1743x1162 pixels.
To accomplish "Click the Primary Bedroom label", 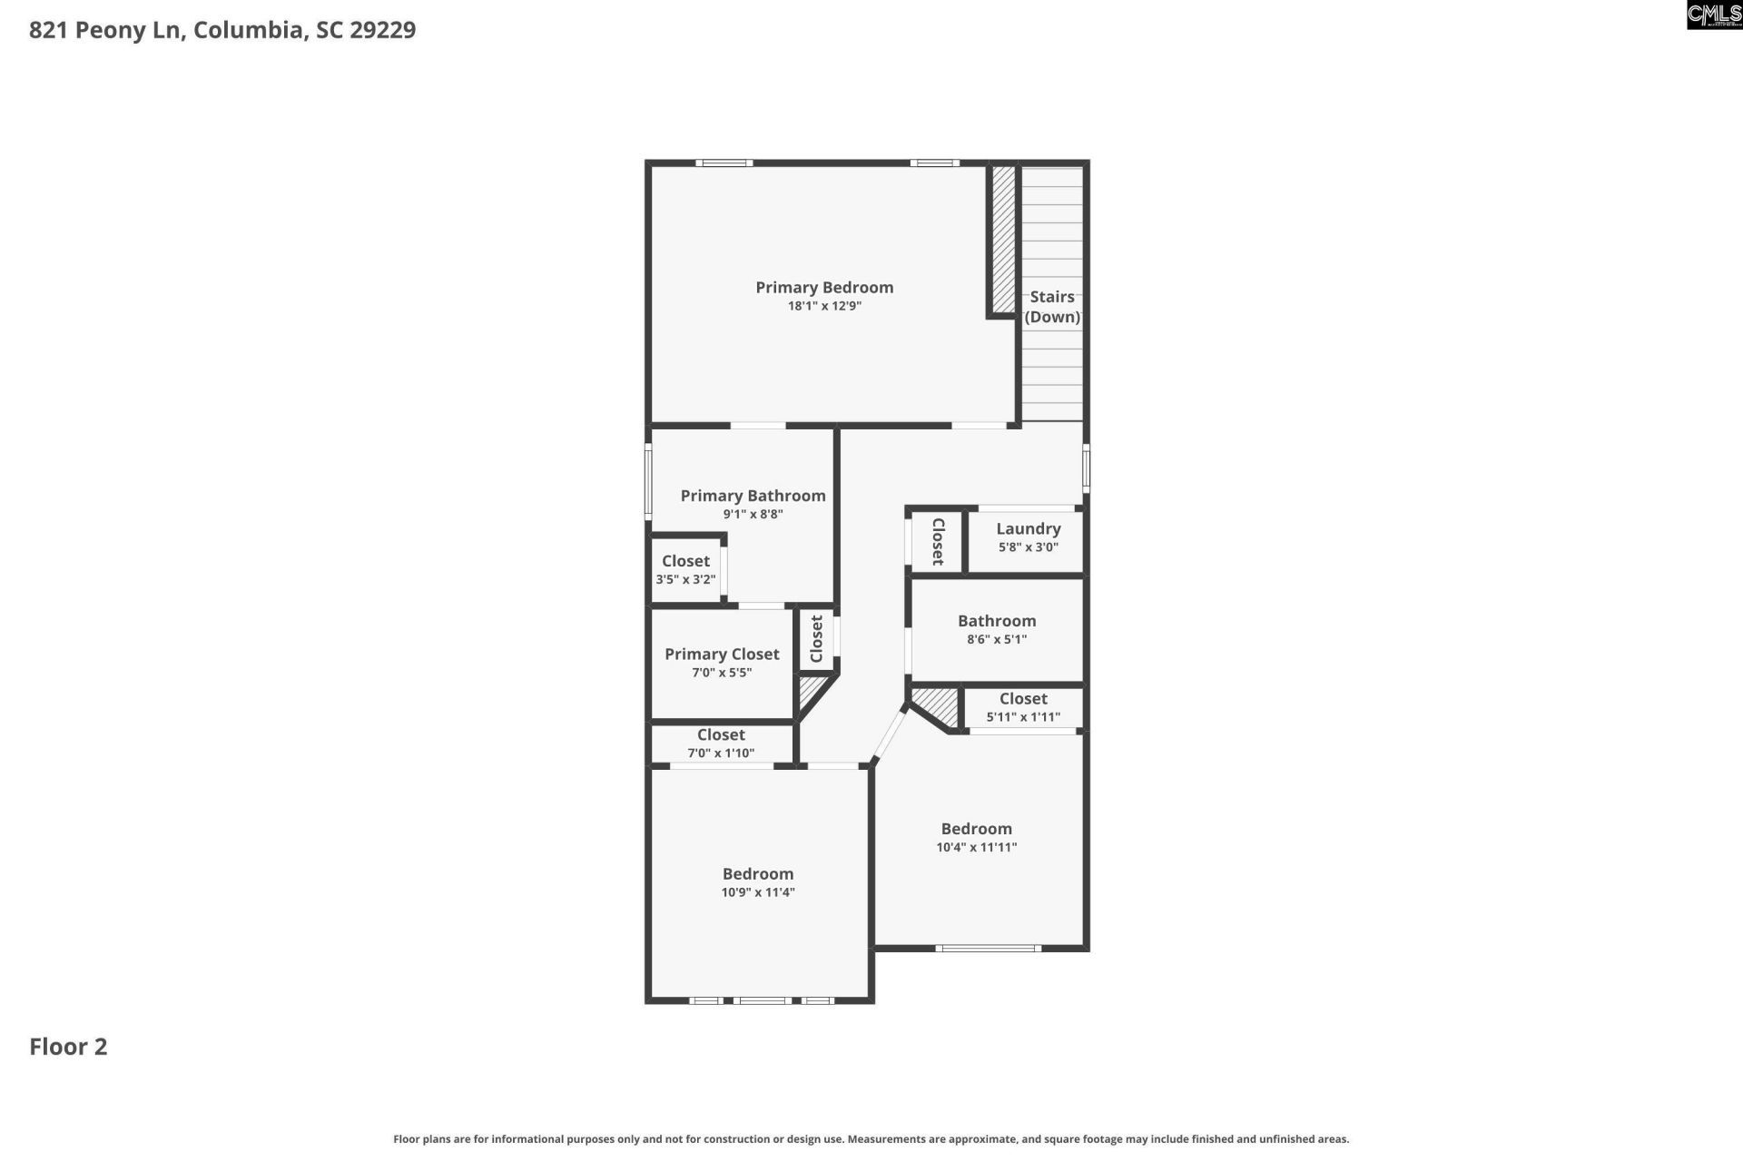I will (824, 288).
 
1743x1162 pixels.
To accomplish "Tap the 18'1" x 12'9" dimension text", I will (824, 307).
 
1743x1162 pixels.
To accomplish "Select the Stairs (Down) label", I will (1052, 307).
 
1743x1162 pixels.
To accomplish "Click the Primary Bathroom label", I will (753, 496).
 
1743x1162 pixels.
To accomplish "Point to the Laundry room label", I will (1028, 528).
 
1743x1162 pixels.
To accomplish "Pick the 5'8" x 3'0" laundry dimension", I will (1028, 547).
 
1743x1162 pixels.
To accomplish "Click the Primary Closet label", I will (722, 655).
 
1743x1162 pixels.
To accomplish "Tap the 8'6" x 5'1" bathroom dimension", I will (997, 639).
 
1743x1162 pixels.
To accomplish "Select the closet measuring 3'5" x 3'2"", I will (685, 570).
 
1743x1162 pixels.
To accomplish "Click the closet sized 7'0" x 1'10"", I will (721, 743).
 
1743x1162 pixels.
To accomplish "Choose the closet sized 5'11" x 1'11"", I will (1023, 707).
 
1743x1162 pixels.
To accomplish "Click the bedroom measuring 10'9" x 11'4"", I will (758, 882).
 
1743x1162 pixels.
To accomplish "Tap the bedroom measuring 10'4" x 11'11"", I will (976, 837).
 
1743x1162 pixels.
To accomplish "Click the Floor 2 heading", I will (68, 1047).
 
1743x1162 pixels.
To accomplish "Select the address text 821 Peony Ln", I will (108, 30).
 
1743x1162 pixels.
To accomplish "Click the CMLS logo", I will (1714, 15).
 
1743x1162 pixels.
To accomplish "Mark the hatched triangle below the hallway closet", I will (811, 693).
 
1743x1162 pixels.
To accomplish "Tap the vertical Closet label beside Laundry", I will (938, 541).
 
